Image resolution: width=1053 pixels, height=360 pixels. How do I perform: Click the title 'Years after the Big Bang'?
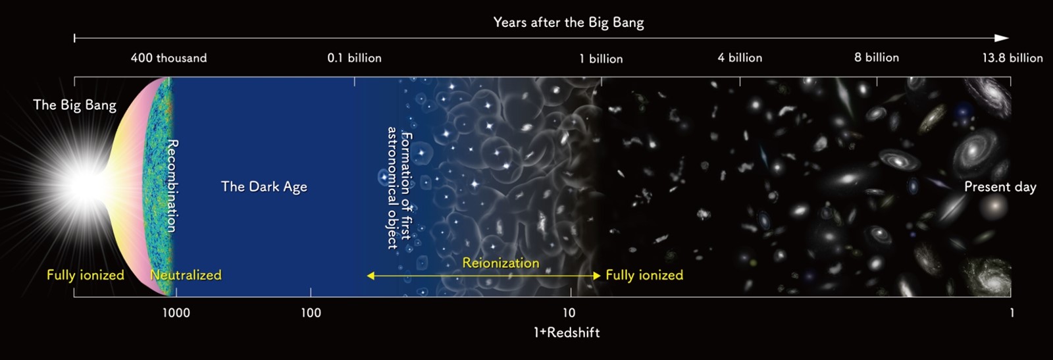coord(569,22)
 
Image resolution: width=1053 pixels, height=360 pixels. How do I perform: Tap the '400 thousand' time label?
coord(168,58)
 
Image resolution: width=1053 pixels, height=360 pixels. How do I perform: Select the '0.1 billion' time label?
coord(355,58)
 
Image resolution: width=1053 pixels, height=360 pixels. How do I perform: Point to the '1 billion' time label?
coord(602,59)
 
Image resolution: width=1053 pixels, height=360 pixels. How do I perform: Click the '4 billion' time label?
coord(740,58)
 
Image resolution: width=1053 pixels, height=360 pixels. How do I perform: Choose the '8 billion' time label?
coord(877,57)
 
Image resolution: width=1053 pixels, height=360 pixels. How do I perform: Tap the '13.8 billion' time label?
coord(1013,58)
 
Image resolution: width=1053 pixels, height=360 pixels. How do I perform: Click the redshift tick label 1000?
coord(176,313)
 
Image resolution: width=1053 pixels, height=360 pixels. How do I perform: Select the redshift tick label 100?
coord(311,313)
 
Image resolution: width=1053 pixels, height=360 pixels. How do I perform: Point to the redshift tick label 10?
coord(569,313)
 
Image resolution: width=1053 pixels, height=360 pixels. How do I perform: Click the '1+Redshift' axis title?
coord(567,333)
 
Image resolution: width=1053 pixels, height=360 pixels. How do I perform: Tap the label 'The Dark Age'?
coord(264,186)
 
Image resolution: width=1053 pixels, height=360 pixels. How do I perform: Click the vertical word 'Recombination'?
coord(172,186)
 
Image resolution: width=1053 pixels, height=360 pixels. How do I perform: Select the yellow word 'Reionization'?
coord(501,263)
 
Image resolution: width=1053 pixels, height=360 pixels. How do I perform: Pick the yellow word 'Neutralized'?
coord(186,275)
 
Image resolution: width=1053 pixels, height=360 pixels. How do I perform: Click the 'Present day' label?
coord(1000,187)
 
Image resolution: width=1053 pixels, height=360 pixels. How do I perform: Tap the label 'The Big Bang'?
coord(75,105)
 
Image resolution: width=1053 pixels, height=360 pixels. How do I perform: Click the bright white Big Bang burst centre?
coord(87,186)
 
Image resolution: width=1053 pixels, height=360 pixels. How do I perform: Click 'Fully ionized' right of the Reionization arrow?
coord(644,275)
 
